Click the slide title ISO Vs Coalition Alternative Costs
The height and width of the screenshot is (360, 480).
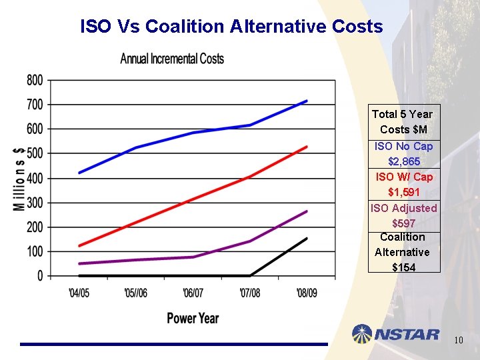point(231,27)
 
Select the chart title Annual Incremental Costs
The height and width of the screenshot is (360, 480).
point(172,59)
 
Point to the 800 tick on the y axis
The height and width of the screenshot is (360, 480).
point(35,80)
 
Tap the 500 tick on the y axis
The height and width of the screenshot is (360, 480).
point(35,153)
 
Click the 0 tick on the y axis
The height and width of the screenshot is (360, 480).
point(40,275)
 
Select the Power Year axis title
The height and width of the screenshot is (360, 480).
point(193,318)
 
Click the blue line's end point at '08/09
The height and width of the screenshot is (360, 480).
point(307,101)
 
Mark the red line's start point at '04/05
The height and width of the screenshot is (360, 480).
point(79,246)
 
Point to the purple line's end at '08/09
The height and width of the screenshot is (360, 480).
point(307,211)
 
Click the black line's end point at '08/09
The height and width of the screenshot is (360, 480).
point(307,238)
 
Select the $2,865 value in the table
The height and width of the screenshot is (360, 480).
point(404,161)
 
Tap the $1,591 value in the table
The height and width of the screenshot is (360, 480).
point(404,192)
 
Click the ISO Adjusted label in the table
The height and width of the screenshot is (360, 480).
point(404,208)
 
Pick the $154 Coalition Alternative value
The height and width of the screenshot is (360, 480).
point(404,267)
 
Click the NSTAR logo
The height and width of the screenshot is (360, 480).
point(396,334)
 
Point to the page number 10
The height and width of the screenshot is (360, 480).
point(458,341)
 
